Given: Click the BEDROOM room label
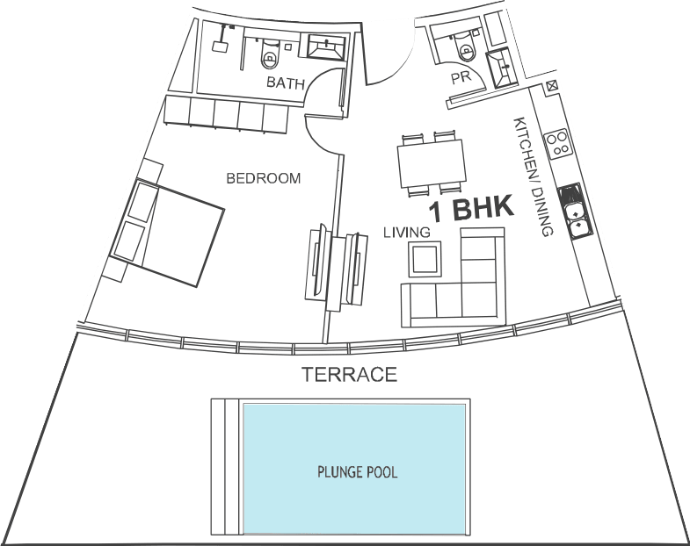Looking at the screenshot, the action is click(x=263, y=178).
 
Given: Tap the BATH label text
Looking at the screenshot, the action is click(x=286, y=83).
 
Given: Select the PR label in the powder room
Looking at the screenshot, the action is click(x=461, y=78).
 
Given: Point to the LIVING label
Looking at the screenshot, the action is click(x=407, y=232).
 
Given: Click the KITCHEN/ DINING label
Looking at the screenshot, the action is click(x=533, y=176).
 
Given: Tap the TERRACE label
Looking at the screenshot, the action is click(x=350, y=375).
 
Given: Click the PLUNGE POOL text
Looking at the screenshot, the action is click(x=358, y=472).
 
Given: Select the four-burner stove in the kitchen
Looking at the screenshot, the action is click(x=558, y=143).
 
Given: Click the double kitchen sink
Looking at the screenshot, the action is click(x=575, y=212).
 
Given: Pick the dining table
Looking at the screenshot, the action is click(x=432, y=163).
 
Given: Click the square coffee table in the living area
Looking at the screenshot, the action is click(x=425, y=259).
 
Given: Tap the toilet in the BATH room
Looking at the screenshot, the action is click(x=269, y=54).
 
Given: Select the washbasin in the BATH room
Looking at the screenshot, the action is click(x=326, y=47).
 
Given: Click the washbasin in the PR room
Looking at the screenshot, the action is click(x=502, y=68).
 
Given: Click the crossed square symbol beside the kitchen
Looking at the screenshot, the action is click(x=552, y=86).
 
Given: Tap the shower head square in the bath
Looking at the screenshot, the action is click(x=219, y=47).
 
